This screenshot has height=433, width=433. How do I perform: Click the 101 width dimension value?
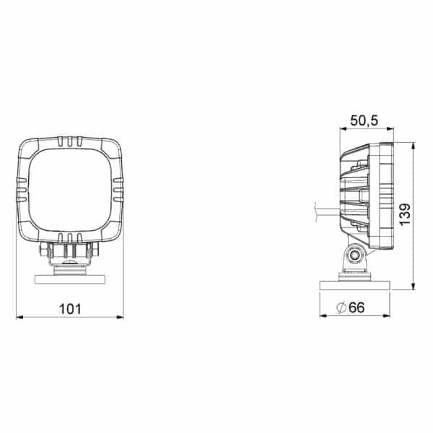click(70, 309)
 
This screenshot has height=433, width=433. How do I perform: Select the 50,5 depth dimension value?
click(364, 121)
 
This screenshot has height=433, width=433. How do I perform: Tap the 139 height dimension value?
click(405, 214)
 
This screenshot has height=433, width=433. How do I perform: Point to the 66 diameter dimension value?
click(357, 307)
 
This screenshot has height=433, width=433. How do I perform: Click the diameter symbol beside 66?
click(341, 307)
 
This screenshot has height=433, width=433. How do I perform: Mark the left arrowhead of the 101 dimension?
click(19, 318)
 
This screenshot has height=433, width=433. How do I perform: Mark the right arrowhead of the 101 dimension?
click(120, 317)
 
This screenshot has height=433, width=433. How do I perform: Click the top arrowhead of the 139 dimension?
click(413, 146)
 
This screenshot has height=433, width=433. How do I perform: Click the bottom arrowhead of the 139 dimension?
click(413, 287)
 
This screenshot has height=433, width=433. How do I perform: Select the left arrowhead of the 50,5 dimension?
click(344, 128)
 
